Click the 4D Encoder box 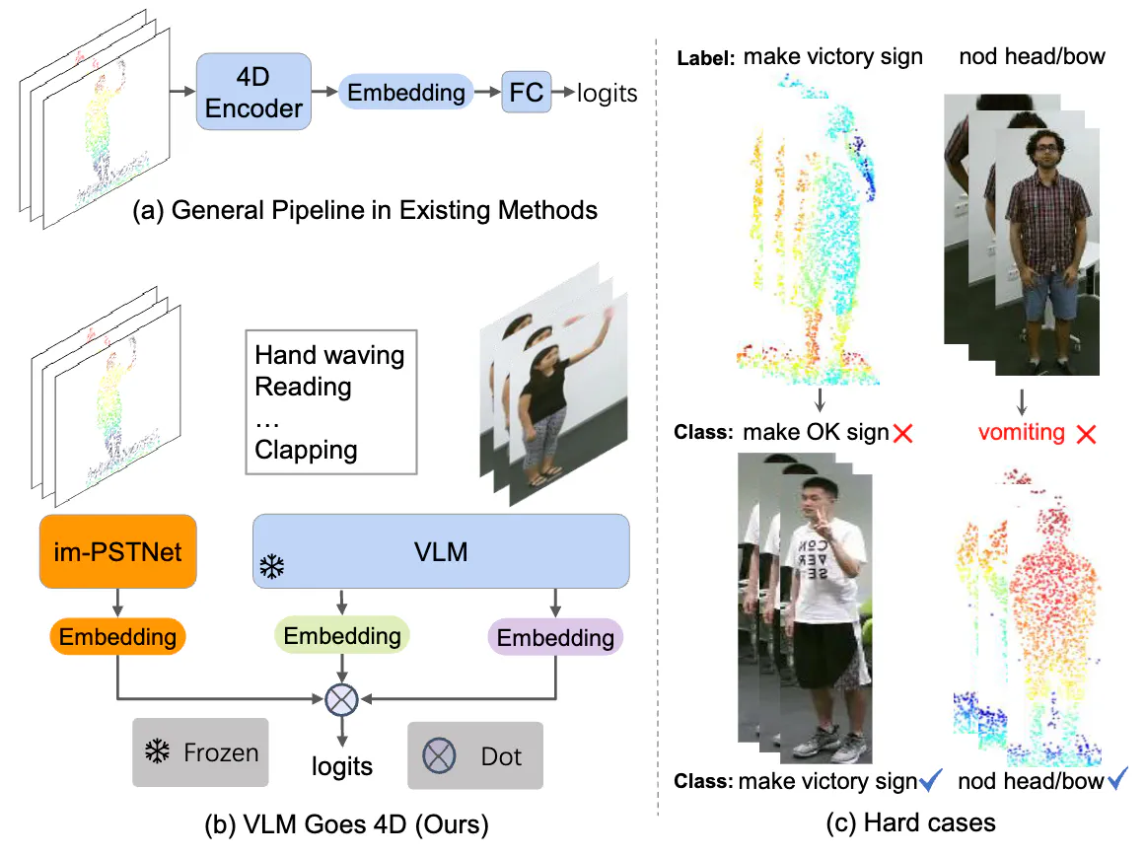254,92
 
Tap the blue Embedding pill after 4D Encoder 405,93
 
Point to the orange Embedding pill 117,636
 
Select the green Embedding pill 342,636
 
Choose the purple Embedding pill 555,638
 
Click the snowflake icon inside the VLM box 271,566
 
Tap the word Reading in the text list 303,386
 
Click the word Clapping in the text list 306,450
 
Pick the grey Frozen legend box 201,752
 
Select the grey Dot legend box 475,755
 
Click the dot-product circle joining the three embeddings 341,699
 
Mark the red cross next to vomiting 1087,433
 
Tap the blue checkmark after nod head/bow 1117,781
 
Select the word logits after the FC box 608,94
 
